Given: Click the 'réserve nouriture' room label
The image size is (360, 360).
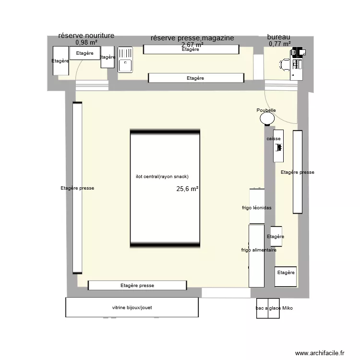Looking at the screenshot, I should pos(86,36).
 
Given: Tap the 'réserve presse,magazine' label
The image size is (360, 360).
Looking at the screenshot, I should pos(192,38).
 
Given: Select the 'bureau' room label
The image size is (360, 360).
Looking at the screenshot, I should pos(278,37).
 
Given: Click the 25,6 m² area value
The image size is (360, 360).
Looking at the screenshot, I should pos(187,189).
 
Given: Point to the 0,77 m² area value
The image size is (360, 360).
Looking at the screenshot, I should pos(280,44).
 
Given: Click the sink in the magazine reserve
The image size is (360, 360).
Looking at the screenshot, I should pos(125,60).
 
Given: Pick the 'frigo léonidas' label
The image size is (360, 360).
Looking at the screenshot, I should pos(257,208).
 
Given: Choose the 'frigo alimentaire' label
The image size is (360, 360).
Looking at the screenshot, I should pos(258,250).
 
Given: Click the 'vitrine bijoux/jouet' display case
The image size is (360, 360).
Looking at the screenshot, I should pos(132,307).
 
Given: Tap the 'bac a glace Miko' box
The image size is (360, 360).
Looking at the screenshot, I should pos(274,308).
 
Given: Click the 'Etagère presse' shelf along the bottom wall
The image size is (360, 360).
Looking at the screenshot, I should pos(137,285).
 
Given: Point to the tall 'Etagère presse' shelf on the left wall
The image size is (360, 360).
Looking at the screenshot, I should pos(77,188).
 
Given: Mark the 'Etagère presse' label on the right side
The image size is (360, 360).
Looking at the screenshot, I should pos(298,172).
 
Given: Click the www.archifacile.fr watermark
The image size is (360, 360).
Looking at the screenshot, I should pos(320,353).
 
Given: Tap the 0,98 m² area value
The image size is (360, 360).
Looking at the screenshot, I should pos(86,42).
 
